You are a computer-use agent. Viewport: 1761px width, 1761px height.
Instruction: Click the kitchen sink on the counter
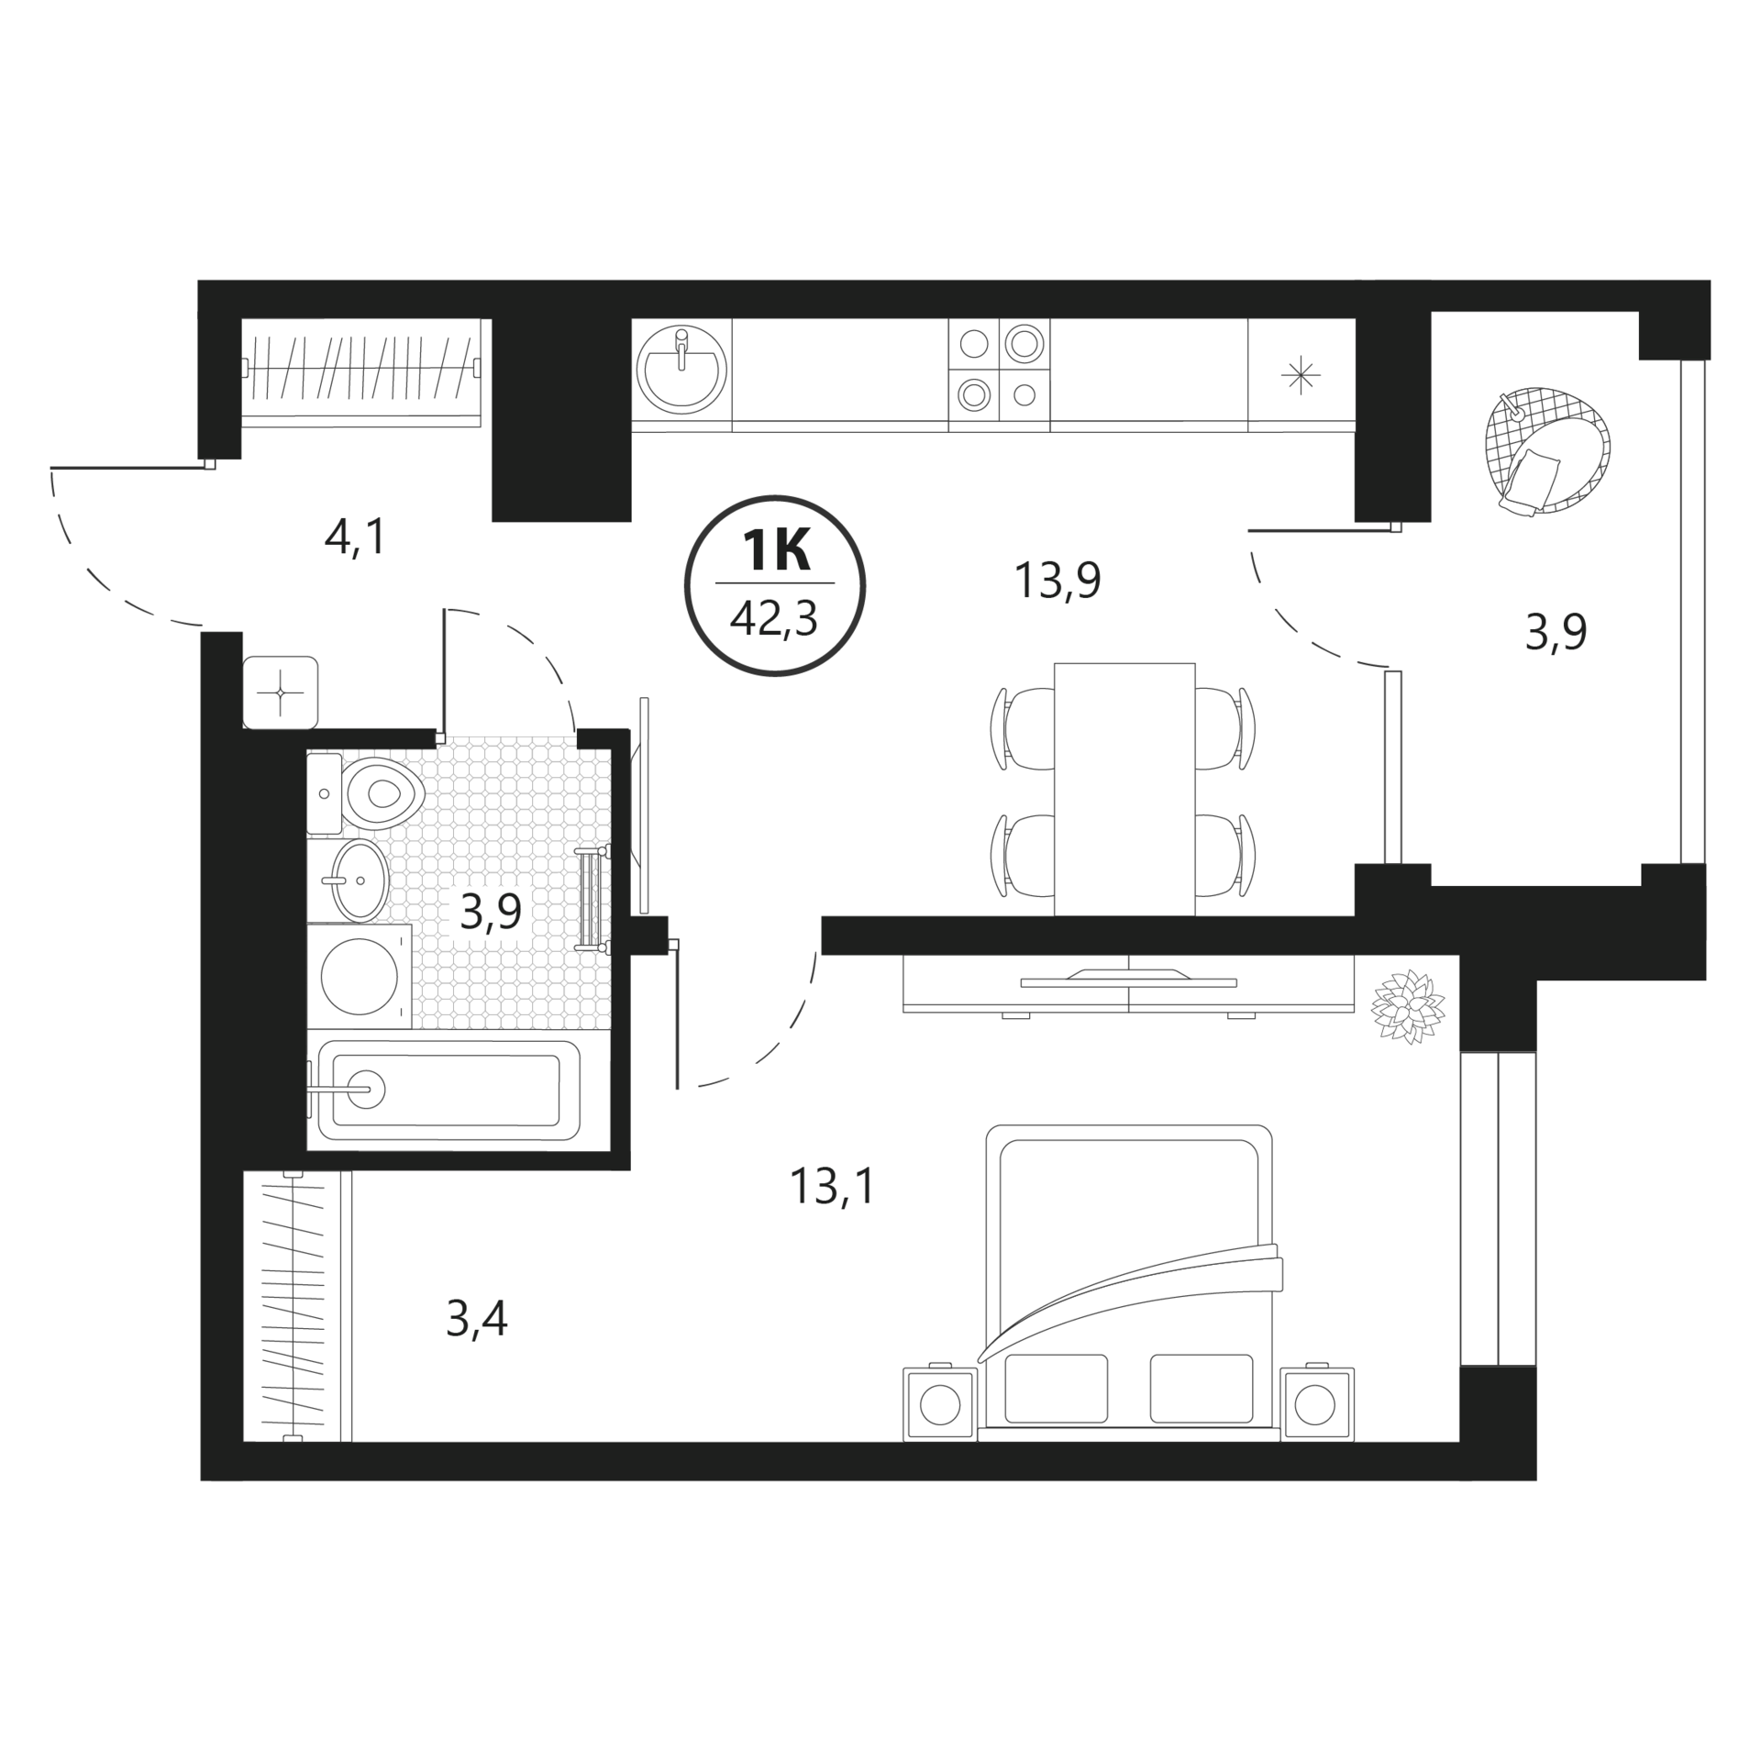point(681,368)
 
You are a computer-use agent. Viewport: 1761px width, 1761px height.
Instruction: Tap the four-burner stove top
point(999,369)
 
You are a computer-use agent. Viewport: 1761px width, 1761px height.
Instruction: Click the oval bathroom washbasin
point(360,880)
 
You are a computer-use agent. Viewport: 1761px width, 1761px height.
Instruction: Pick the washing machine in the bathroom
point(359,977)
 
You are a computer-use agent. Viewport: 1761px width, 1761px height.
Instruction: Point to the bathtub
point(444,1090)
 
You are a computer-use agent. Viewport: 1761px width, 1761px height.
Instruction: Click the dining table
point(1124,789)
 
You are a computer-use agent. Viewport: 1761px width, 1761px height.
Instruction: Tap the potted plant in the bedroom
point(1409,1007)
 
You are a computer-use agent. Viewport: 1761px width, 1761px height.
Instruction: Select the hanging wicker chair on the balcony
point(1546,450)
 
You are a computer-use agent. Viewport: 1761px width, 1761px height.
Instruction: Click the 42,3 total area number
point(774,619)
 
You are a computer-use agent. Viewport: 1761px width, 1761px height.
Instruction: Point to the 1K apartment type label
point(775,551)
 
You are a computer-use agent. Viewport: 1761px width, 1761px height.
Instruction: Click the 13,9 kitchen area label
point(1057,581)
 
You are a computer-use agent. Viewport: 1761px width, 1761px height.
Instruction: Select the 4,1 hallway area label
point(357,537)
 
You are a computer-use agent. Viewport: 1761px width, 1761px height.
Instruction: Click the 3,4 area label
point(477,1319)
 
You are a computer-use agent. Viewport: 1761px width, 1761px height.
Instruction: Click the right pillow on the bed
point(1201,1388)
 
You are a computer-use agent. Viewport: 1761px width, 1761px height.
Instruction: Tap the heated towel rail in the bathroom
point(593,901)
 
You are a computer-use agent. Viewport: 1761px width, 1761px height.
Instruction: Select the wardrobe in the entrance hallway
point(361,371)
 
